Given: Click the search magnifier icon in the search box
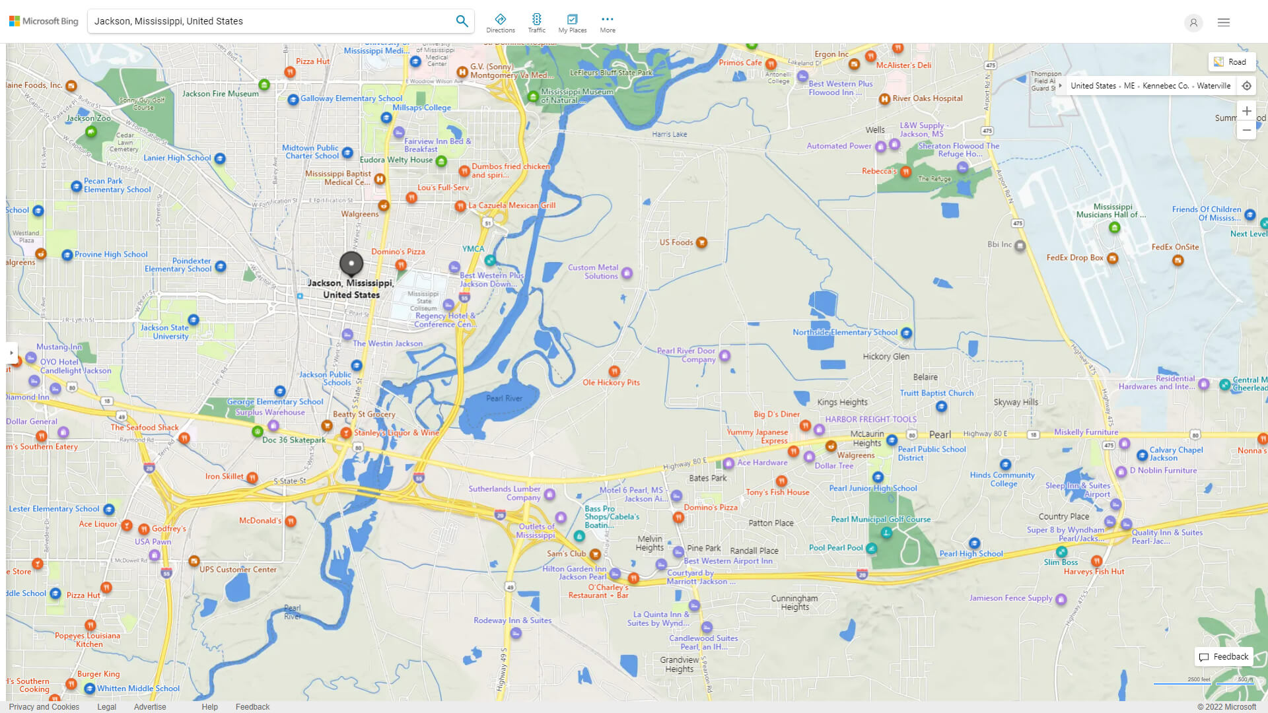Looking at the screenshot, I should (x=462, y=21).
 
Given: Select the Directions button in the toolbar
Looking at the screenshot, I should (x=500, y=22).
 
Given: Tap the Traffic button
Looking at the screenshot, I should (x=536, y=22).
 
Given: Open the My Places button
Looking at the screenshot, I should (x=572, y=22).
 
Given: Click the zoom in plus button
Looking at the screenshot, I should (x=1246, y=111).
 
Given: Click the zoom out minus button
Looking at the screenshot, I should (x=1246, y=130).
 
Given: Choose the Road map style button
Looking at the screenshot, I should (x=1230, y=62).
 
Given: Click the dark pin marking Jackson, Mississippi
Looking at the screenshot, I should (x=351, y=263).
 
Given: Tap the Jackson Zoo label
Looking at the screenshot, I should (x=88, y=119).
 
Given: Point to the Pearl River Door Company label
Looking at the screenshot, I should (x=686, y=355).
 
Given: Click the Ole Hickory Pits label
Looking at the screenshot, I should (x=611, y=382).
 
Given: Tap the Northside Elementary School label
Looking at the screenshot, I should (x=845, y=333).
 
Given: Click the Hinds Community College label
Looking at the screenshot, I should (x=1002, y=479).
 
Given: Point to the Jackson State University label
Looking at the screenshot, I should (x=164, y=331).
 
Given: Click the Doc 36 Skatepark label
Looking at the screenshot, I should (x=293, y=440).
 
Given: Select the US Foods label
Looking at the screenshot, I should (x=676, y=242).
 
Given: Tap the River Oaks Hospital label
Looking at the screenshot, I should (x=927, y=98).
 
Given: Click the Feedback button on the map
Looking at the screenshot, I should (x=1224, y=657).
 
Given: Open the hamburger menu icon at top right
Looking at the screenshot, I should (x=1223, y=22).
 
